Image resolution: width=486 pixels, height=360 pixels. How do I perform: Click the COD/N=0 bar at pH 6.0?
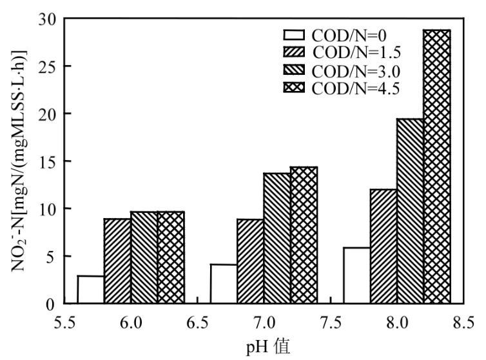coord(90,290)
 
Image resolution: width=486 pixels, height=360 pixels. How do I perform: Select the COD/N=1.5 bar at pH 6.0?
coord(117,261)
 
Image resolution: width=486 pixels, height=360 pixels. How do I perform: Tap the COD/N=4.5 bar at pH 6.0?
coord(171,257)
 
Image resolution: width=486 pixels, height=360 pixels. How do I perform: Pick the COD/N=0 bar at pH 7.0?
coord(224,284)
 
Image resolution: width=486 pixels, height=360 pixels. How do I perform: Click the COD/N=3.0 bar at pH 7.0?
coord(277,238)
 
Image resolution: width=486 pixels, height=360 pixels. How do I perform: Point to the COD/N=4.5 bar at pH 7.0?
coord(304,235)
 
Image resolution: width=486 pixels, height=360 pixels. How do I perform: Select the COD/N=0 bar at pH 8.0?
coord(356,275)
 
